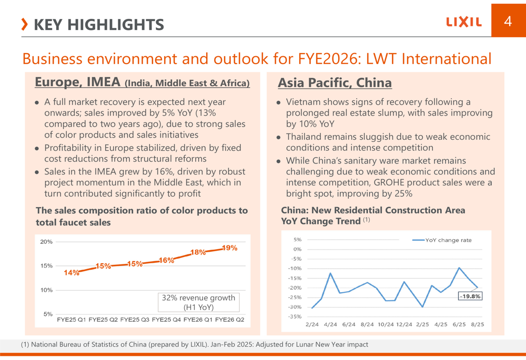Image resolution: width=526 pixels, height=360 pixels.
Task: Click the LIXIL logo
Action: click(x=464, y=22)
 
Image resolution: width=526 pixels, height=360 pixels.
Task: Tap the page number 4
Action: click(x=508, y=21)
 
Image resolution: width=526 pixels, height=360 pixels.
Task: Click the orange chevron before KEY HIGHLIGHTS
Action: click(x=25, y=24)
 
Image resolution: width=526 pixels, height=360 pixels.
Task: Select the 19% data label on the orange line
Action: click(x=229, y=248)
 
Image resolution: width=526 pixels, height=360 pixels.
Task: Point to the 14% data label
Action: click(x=72, y=272)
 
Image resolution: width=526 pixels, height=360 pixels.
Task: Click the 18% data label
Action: click(x=198, y=252)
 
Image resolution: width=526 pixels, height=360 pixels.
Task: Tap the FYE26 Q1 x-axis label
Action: click(x=197, y=320)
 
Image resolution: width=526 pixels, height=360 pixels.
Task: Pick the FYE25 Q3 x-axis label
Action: click(x=135, y=320)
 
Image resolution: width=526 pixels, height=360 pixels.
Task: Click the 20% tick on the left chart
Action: click(x=47, y=242)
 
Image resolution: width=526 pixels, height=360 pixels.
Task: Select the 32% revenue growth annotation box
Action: click(x=198, y=302)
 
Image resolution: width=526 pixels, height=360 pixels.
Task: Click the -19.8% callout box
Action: click(x=470, y=296)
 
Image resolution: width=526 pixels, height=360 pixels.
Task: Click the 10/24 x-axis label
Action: click(x=386, y=325)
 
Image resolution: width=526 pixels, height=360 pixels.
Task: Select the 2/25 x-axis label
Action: click(x=422, y=325)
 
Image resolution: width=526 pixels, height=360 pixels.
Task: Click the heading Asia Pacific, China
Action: click(x=335, y=83)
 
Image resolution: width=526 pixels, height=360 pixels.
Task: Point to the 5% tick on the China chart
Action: click(x=297, y=240)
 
